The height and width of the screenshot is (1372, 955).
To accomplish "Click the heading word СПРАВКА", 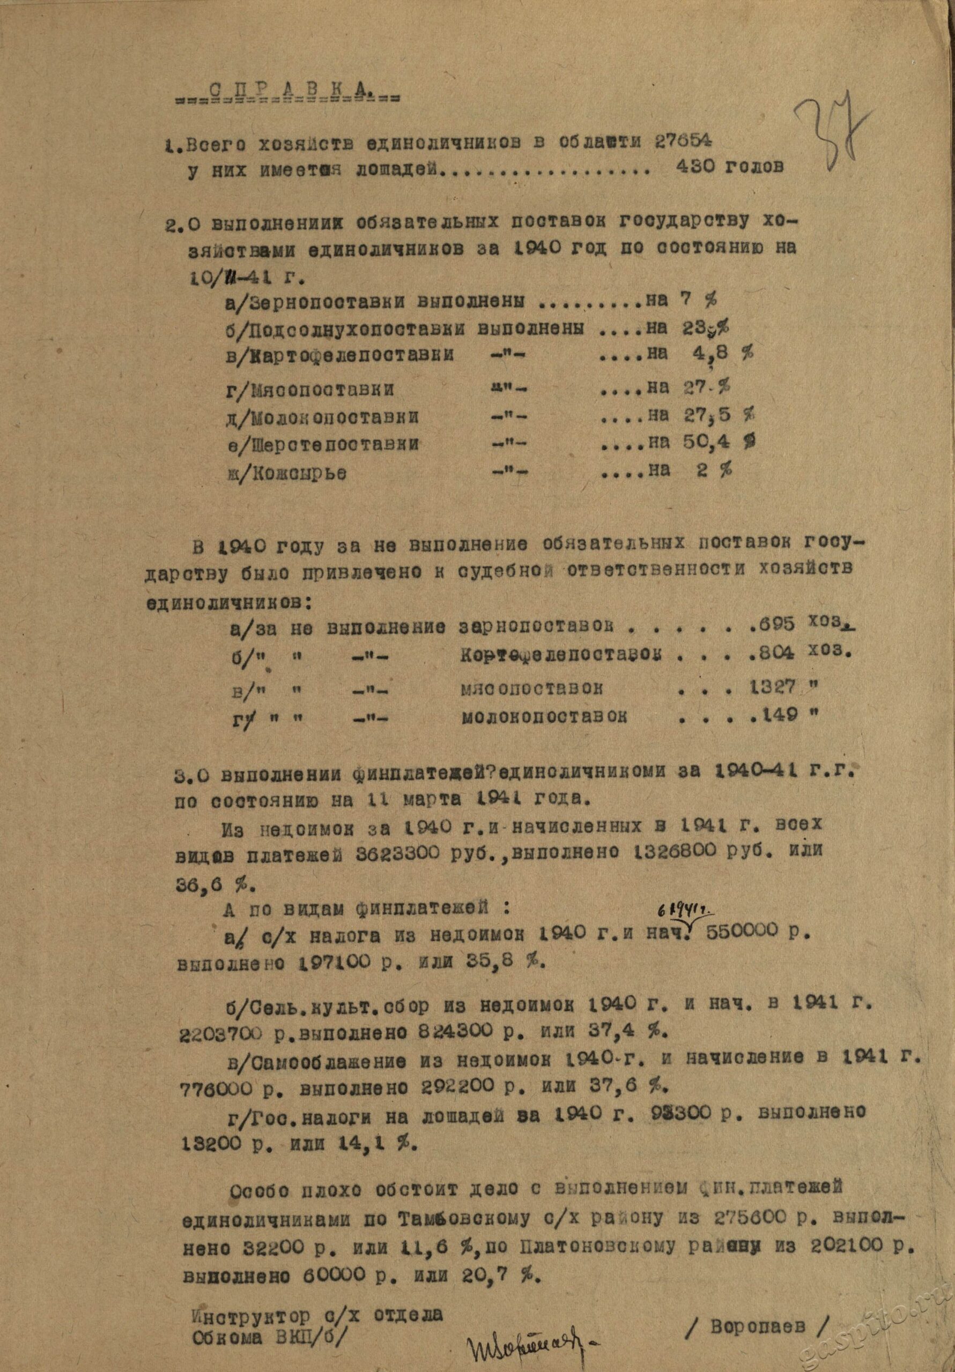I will (286, 90).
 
